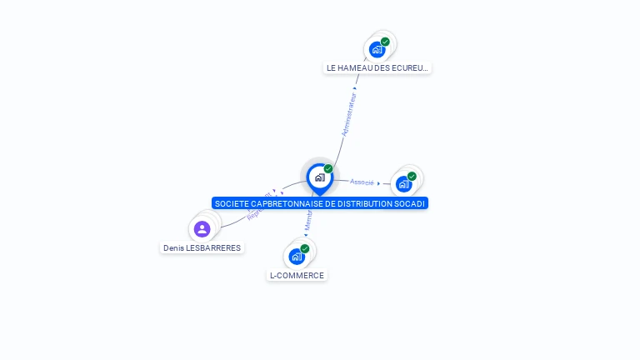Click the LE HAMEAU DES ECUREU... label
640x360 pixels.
[x=377, y=68]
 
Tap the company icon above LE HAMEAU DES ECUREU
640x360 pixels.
[x=377, y=50]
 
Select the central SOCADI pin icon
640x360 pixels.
[x=319, y=177]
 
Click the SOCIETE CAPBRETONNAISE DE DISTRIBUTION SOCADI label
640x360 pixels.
[x=320, y=203]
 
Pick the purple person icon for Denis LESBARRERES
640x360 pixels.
[x=202, y=229]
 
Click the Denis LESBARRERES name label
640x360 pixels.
[x=202, y=247]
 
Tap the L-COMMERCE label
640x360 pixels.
[x=297, y=275]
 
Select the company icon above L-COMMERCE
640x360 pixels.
[x=297, y=257]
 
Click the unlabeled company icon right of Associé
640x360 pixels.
[x=404, y=183]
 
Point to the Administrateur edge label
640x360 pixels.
[x=350, y=115]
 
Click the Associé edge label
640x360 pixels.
[x=362, y=182]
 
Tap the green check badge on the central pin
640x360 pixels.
[x=328, y=169]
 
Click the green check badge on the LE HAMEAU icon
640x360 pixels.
[x=385, y=42]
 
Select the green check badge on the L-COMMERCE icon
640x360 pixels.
[x=305, y=248]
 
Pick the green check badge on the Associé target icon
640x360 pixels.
[x=412, y=176]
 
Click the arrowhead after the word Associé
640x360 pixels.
[x=379, y=183]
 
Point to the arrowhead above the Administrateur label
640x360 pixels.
[x=355, y=87]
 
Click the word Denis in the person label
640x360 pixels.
[x=173, y=247]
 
